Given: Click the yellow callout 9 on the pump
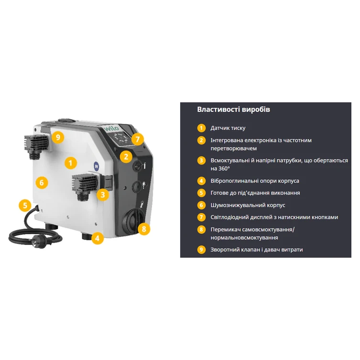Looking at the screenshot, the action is [58, 137].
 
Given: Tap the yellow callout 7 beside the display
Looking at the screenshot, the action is [138, 139].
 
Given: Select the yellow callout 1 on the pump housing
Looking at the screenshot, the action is [70, 163].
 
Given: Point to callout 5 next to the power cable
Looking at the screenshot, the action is [25, 205].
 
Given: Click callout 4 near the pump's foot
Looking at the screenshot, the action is [98, 238].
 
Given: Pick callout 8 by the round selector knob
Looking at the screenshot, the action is [144, 229].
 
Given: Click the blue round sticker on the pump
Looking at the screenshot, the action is [97, 166].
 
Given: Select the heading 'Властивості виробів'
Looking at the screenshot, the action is [233, 109].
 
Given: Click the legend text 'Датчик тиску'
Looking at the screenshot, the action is [228, 128].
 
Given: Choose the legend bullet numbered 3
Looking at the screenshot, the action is [201, 160].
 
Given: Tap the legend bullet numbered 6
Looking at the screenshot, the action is [201, 205].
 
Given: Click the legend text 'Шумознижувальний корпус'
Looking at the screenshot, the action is [248, 205].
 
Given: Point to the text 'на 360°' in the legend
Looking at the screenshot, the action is [220, 168].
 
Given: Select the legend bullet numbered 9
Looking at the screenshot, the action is [201, 250].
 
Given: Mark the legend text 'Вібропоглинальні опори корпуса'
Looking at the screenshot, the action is [255, 181].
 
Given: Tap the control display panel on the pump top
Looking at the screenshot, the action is [121, 138].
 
